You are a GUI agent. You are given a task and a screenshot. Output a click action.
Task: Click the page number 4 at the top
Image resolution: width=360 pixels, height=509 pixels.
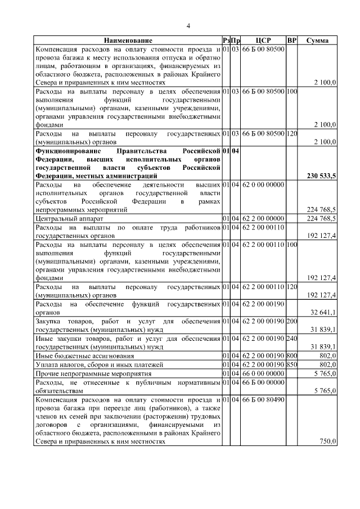coord(188,26)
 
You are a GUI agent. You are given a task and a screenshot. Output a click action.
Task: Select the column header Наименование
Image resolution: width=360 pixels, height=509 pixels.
coord(127,41)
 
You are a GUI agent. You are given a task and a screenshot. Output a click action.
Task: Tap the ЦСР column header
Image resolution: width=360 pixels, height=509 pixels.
coord(263,41)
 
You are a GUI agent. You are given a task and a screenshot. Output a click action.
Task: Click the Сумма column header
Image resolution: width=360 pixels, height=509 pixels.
coord(318,41)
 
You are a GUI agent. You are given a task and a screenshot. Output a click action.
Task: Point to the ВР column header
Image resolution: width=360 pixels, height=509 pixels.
coord(291,41)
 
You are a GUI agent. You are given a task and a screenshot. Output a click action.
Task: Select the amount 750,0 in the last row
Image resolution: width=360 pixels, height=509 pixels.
coord(327,442)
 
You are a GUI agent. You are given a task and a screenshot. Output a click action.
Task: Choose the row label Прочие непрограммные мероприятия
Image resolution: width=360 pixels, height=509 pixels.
coord(92,373)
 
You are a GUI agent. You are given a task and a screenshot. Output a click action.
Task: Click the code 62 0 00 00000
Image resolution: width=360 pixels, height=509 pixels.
coord(263,184)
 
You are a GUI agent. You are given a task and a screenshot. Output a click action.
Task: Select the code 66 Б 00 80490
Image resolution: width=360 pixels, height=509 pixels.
coord(263,399)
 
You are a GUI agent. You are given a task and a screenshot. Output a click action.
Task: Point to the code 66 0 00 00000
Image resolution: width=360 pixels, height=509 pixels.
coord(263,373)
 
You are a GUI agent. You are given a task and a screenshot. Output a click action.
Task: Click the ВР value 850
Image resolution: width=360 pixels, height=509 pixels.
coord(291,364)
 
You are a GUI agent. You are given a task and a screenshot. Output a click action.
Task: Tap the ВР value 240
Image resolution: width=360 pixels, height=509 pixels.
coord(291,339)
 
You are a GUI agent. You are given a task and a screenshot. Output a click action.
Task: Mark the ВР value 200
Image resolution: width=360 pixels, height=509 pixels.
coord(291,321)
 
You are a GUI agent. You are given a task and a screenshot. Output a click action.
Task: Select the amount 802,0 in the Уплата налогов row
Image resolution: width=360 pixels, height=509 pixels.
coord(326,364)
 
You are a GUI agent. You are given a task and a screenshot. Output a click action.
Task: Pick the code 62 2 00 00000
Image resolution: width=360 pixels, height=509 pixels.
coord(263,218)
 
